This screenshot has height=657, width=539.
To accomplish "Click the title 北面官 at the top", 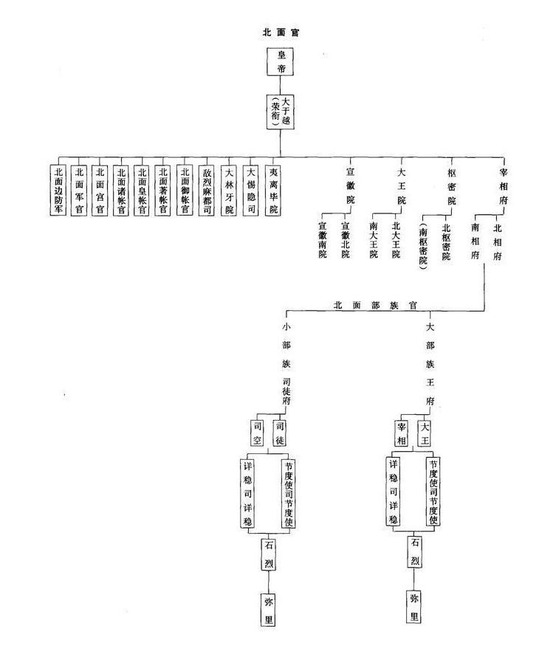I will tap(280, 32).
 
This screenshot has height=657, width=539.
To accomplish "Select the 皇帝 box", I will tap(280, 62).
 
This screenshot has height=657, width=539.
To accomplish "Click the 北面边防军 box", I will tap(59, 190).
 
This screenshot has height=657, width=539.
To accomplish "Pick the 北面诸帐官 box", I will tap(122, 190).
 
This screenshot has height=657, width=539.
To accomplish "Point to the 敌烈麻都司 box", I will tap(207, 190).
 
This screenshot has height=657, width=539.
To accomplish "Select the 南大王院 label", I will tap(374, 241).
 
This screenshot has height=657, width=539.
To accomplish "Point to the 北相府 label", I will tap(497, 235).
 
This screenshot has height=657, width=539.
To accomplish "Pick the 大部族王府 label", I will tap(430, 364).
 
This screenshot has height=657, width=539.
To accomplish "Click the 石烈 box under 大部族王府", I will tap(415, 553).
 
